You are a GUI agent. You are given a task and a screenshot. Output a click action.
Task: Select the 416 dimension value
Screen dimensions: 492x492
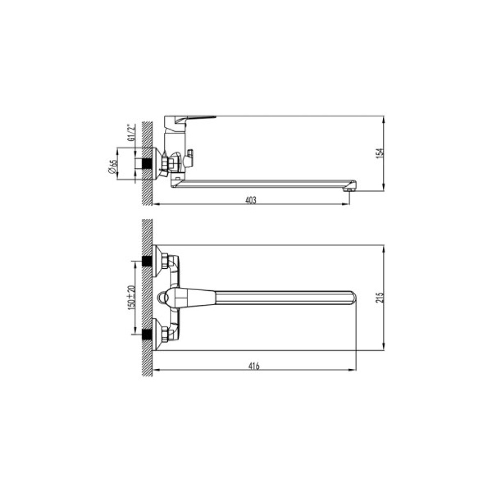(x=254, y=366)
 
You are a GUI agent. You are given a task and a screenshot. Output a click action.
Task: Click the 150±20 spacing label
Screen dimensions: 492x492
(x=130, y=298)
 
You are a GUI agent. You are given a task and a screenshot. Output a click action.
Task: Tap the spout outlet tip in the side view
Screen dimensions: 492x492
(x=350, y=186)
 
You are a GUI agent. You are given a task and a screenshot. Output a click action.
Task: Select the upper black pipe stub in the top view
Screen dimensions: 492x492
(x=146, y=261)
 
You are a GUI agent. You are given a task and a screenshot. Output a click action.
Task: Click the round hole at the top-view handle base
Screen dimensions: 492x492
(x=163, y=298)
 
